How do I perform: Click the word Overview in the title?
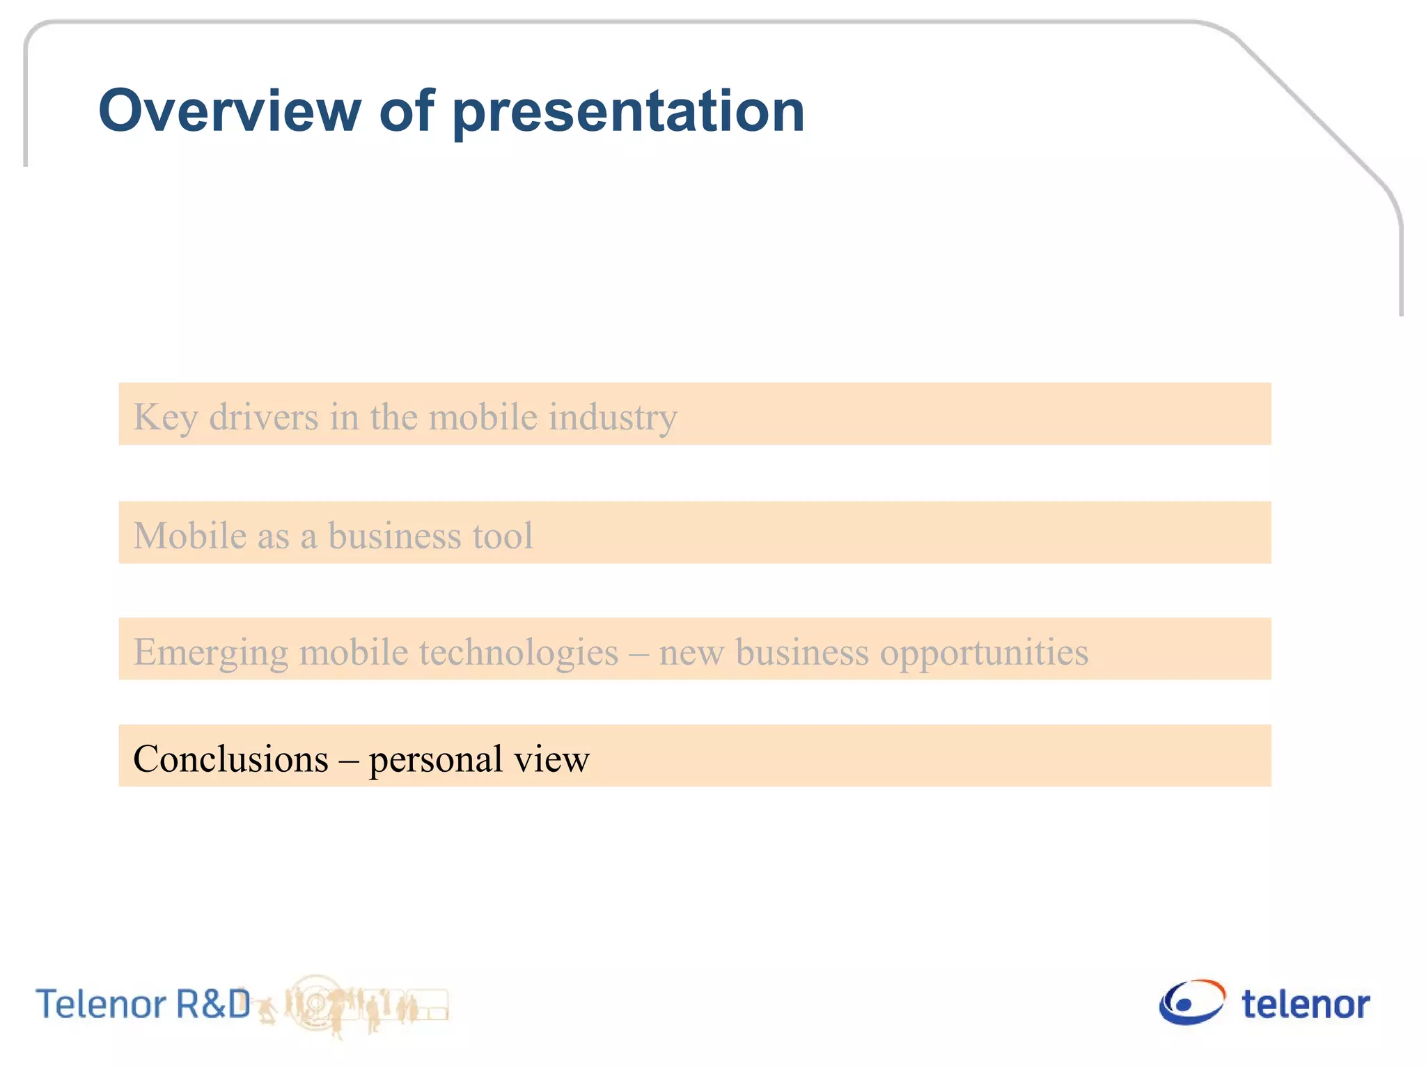point(230,111)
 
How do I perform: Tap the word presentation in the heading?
point(629,113)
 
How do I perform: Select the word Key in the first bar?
point(165,418)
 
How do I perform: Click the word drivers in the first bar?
point(264,417)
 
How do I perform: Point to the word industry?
point(613,418)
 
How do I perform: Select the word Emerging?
point(210,653)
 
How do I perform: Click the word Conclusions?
point(230,759)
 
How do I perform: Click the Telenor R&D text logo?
point(143,1004)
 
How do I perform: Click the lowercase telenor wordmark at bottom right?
point(1306,1005)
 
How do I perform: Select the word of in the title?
point(407,111)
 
